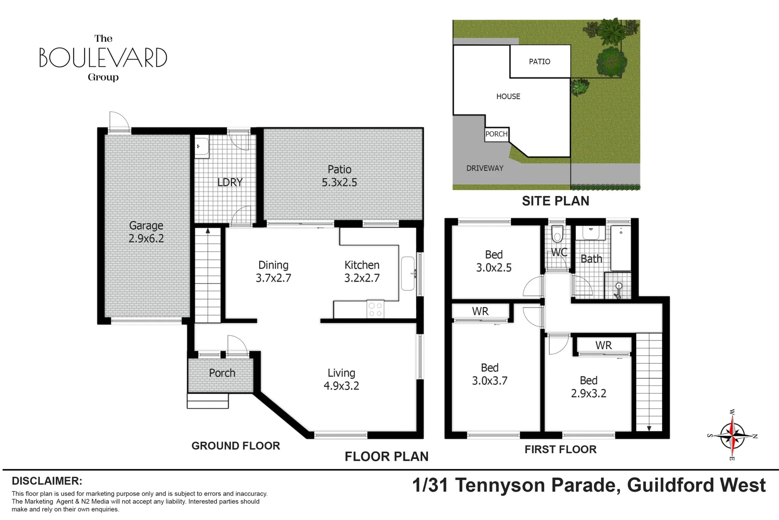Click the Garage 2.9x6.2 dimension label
[146, 232]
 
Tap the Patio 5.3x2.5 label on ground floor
[339, 176]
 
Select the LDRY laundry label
[230, 182]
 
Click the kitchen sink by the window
[408, 273]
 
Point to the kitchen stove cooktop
[376, 309]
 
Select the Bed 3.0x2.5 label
[494, 261]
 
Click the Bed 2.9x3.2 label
[589, 387]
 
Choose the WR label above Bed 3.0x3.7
[480, 312]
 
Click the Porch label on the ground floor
[222, 373]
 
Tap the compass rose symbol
[732, 436]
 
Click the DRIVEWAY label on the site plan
[485, 169]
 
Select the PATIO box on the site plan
[540, 62]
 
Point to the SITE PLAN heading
[555, 201]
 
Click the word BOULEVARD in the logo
[103, 58]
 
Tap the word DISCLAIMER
[47, 481]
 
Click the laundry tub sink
[201, 147]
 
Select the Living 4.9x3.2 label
[341, 379]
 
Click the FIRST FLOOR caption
[560, 450]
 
